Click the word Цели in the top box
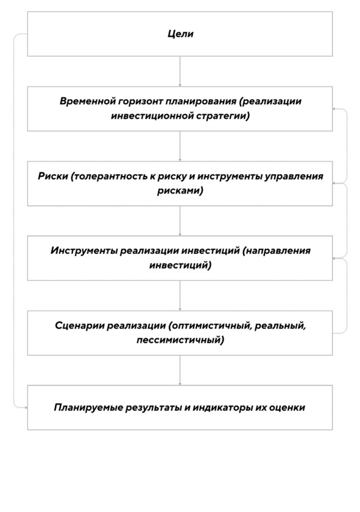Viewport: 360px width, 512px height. click(180, 34)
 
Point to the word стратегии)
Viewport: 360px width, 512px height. click(223, 116)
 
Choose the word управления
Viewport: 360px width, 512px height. click(294, 177)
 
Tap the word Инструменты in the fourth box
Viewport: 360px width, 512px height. click(84, 251)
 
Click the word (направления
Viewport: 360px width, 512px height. click(277, 251)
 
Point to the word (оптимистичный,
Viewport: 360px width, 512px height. click(210, 326)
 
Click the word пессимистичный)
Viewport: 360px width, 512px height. click(180, 340)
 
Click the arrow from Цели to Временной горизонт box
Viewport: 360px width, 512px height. click(180, 71)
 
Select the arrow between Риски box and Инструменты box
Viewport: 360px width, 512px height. click(180, 221)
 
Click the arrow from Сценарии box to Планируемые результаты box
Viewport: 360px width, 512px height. click(180, 370)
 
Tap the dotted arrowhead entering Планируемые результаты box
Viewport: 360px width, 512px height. click(26, 407)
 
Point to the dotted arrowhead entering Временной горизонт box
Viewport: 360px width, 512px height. click(334, 109)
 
